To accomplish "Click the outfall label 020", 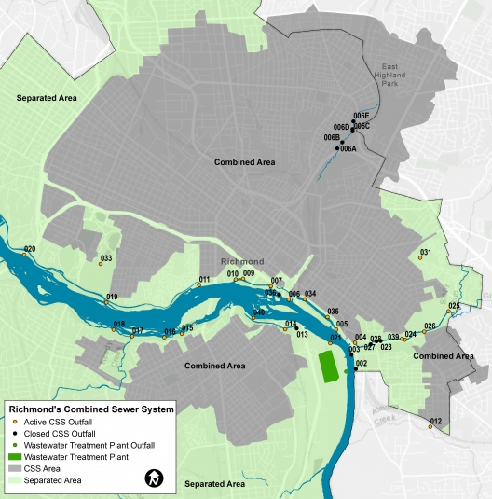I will coord(30,249).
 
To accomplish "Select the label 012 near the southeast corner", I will coord(435,422).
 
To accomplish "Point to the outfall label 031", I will coord(426,253).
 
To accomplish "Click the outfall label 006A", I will coord(348,148).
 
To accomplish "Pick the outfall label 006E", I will coord(362,116).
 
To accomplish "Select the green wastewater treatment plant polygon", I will coord(328,366).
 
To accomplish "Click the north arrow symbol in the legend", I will coord(154,478).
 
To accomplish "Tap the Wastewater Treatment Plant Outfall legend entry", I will coord(88,445).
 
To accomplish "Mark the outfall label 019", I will coord(112,297).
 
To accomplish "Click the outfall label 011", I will coord(205,280).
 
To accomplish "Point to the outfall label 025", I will coord(454,306).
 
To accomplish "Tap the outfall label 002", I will coord(362,362).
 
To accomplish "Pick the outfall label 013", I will coord(302,334).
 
